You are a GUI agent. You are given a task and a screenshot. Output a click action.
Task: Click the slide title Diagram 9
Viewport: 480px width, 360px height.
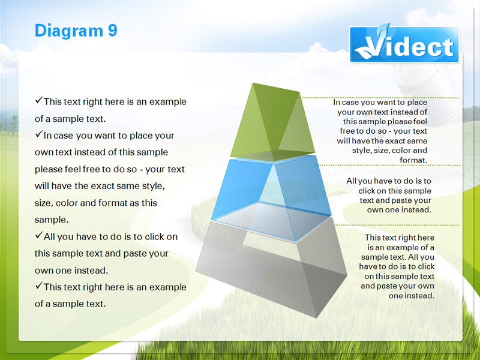pos(76,31)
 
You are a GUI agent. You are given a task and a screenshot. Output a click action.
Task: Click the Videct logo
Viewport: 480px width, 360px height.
pos(404,44)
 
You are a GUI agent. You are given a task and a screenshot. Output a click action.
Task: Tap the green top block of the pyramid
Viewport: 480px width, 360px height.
pos(272,122)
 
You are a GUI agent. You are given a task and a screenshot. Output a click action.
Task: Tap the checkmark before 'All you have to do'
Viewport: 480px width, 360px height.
pos(39,235)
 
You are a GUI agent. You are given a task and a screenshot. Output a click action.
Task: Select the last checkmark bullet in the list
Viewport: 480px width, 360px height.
pos(39,286)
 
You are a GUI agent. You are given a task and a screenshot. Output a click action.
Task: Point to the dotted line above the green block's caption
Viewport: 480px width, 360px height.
pos(380,98)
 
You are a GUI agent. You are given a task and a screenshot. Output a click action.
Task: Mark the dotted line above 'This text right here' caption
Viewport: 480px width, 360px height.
pos(397,225)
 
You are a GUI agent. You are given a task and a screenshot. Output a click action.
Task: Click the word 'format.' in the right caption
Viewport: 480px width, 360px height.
pos(413,160)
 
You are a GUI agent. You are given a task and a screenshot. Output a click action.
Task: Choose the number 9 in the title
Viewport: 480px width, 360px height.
pos(112,31)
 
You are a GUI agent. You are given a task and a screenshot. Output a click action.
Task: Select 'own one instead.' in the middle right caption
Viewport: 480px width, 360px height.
pos(399,210)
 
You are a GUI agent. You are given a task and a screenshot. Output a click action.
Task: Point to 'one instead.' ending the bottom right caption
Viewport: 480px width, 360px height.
pos(412,296)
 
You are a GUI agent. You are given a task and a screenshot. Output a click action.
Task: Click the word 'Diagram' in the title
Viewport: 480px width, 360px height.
pos(69,31)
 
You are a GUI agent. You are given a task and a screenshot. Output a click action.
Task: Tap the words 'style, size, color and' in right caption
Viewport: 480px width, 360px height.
pos(389,151)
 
